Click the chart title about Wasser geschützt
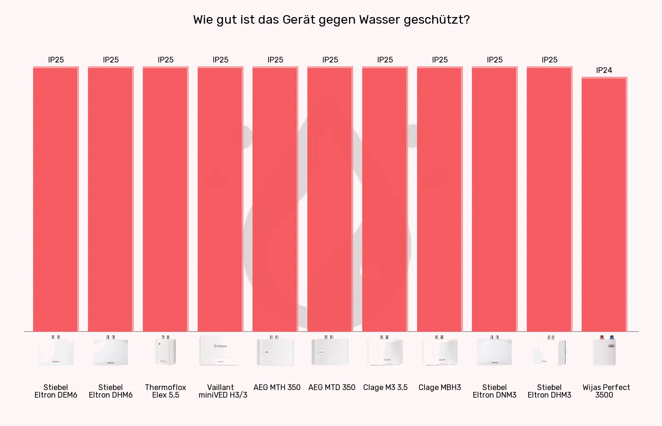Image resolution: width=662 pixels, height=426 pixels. pyautogui.click(x=331, y=20)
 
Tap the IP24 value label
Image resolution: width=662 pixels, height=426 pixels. pyautogui.click(x=604, y=70)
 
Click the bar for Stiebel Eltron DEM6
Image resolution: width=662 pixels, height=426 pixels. pyautogui.click(x=55, y=199)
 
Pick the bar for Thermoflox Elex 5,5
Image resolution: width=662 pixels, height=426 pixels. pyautogui.click(x=165, y=199)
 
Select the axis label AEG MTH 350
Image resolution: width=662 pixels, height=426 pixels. pyautogui.click(x=277, y=387)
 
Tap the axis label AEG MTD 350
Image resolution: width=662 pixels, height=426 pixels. pyautogui.click(x=331, y=387)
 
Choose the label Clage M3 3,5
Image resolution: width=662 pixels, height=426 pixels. pyautogui.click(x=385, y=387)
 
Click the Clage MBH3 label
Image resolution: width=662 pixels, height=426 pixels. pyautogui.click(x=439, y=387)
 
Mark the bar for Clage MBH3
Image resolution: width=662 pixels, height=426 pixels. pyautogui.click(x=439, y=199)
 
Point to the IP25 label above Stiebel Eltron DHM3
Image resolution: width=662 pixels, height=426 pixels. pyautogui.click(x=549, y=60)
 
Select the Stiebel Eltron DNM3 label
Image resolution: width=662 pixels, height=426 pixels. pyautogui.click(x=494, y=391)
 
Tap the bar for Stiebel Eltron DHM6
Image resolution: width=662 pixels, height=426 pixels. pyautogui.click(x=110, y=199)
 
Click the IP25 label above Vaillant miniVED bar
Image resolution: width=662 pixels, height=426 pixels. pyautogui.click(x=220, y=60)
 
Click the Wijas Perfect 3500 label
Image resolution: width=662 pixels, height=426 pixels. pyautogui.click(x=606, y=391)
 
